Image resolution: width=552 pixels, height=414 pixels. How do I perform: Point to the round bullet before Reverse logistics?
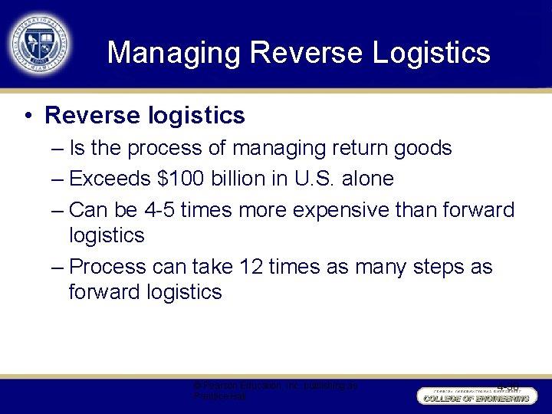click(27, 116)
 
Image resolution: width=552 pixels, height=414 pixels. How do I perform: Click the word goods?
click(424, 148)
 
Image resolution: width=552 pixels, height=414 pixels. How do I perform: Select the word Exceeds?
click(110, 179)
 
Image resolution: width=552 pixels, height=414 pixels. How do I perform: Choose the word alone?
click(367, 179)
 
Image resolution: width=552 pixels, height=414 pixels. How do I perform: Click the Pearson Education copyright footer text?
click(275, 391)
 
